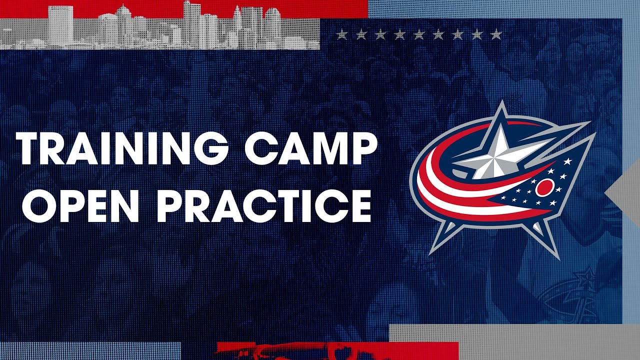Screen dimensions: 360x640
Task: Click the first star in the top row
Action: [x=341, y=34]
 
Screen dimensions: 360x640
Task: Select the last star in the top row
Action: [x=495, y=34]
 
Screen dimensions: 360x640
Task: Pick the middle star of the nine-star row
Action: [x=418, y=34]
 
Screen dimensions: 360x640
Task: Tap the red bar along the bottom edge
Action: [x=337, y=350]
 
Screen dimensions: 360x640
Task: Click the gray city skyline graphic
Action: [x=160, y=30]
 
